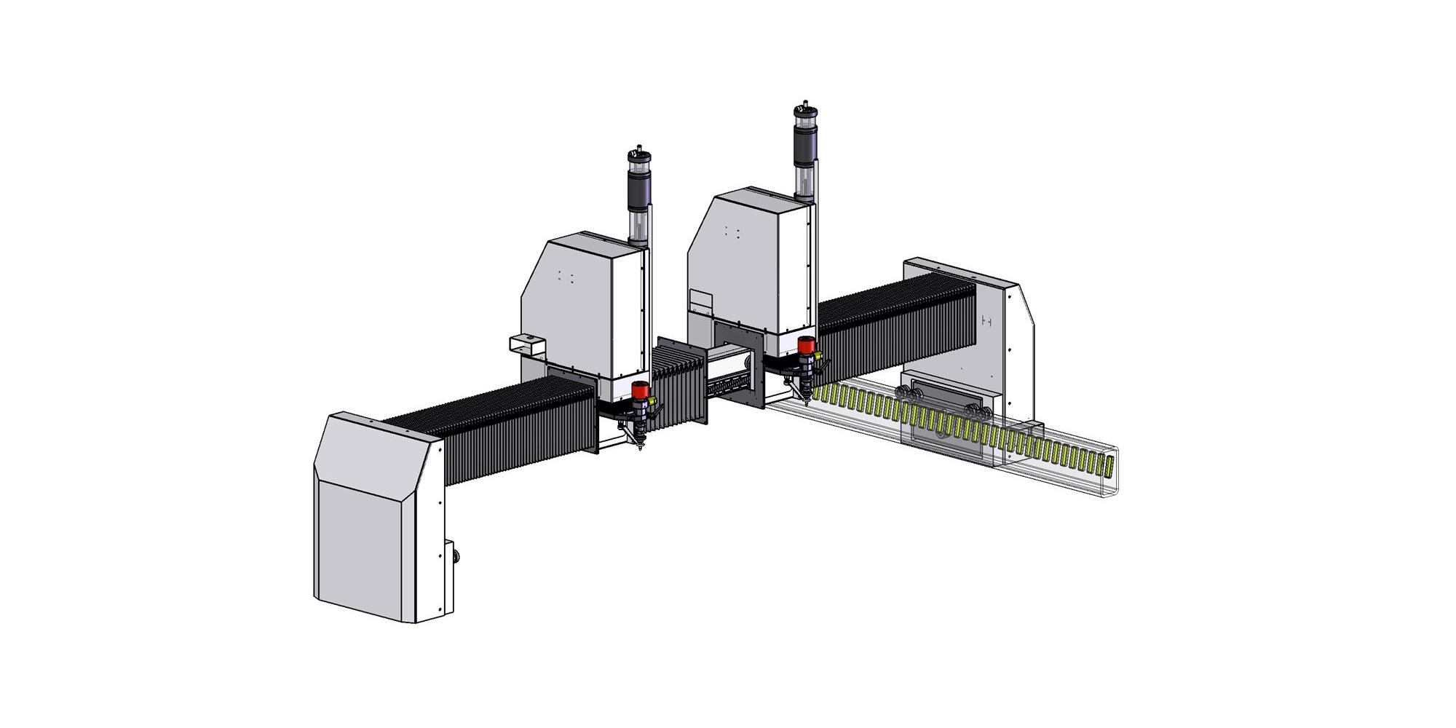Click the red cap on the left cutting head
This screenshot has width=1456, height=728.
640,390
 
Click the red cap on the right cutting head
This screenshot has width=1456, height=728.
805,344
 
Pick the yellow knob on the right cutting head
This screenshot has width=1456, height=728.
819,356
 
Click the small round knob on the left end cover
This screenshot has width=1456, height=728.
456,558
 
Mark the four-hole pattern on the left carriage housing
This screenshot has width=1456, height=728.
565,277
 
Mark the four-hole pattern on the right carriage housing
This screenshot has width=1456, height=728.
732,232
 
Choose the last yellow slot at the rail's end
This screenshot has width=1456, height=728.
1109,467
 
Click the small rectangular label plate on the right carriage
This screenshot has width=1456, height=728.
700,298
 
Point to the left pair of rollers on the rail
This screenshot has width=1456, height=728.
909,396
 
